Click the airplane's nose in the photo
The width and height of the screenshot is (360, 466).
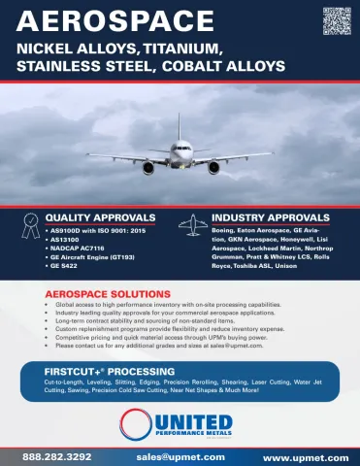pos(180,151)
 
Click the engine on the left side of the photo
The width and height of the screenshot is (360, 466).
pos(147,167)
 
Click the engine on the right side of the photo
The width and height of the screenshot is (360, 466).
pos(213,167)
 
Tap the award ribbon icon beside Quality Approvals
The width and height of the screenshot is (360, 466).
pos(32,222)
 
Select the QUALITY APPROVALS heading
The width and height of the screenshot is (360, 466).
pos(101,216)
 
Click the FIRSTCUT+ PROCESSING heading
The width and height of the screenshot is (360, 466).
pos(109,372)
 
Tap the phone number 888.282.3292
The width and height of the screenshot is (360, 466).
pos(57,455)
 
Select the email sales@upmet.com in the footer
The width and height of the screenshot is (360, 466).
pos(180,455)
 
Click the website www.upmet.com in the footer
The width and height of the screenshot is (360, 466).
pos(303,455)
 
